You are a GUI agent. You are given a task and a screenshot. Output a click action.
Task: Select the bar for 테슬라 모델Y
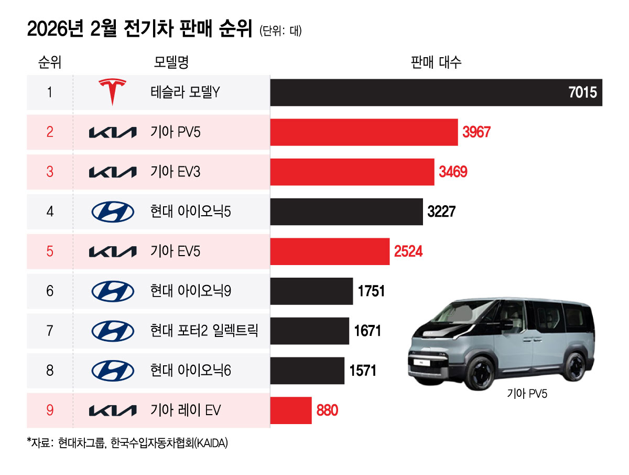(436, 92)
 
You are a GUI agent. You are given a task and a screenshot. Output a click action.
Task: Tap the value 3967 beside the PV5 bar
(476, 132)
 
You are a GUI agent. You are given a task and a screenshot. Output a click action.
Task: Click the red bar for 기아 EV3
(352, 172)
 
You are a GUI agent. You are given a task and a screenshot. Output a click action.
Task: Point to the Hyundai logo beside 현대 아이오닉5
(113, 212)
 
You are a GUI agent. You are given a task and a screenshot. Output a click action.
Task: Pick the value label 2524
(408, 251)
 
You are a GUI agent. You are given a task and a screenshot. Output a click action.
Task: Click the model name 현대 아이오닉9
(190, 291)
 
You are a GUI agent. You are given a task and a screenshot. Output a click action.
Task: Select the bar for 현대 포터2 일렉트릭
(309, 331)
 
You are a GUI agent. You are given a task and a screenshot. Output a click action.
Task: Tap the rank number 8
(50, 371)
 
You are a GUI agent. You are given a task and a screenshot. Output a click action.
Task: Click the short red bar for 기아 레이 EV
(291, 410)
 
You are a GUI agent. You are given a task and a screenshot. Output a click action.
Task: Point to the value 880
(327, 410)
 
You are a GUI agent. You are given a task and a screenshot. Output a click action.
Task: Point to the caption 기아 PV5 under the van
(527, 394)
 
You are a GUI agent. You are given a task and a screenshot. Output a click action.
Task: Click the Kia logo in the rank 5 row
(113, 251)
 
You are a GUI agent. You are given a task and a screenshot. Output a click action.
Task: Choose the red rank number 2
(50, 132)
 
